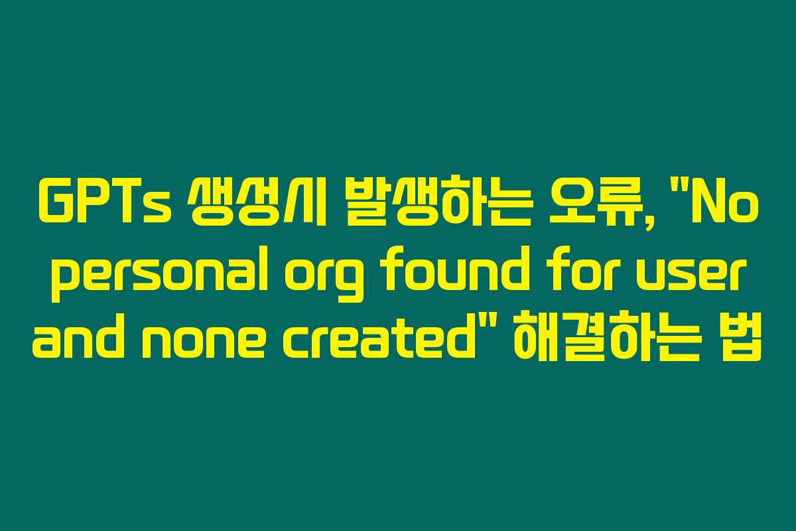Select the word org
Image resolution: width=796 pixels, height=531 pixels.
pyautogui.click(x=324, y=281)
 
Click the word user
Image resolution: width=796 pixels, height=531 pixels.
pyautogui.click(x=694, y=276)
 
